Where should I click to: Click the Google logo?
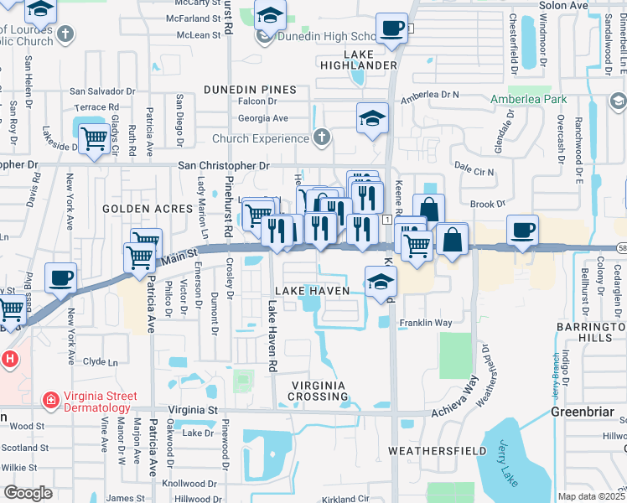click(x=28, y=492)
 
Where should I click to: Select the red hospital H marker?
click(x=9, y=360)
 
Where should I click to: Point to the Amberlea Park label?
click(x=529, y=99)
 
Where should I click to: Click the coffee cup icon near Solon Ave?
click(x=391, y=29)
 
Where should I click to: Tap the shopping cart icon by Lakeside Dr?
click(x=93, y=137)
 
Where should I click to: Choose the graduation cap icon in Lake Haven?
click(x=380, y=283)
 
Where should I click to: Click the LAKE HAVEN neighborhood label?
click(x=306, y=289)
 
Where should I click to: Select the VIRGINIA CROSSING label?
click(x=318, y=390)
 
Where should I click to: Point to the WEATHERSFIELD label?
click(x=438, y=451)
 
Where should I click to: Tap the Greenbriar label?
click(x=583, y=412)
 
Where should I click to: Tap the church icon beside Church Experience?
click(x=319, y=137)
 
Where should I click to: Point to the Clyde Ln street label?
click(x=101, y=361)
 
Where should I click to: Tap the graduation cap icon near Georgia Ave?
click(x=372, y=119)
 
